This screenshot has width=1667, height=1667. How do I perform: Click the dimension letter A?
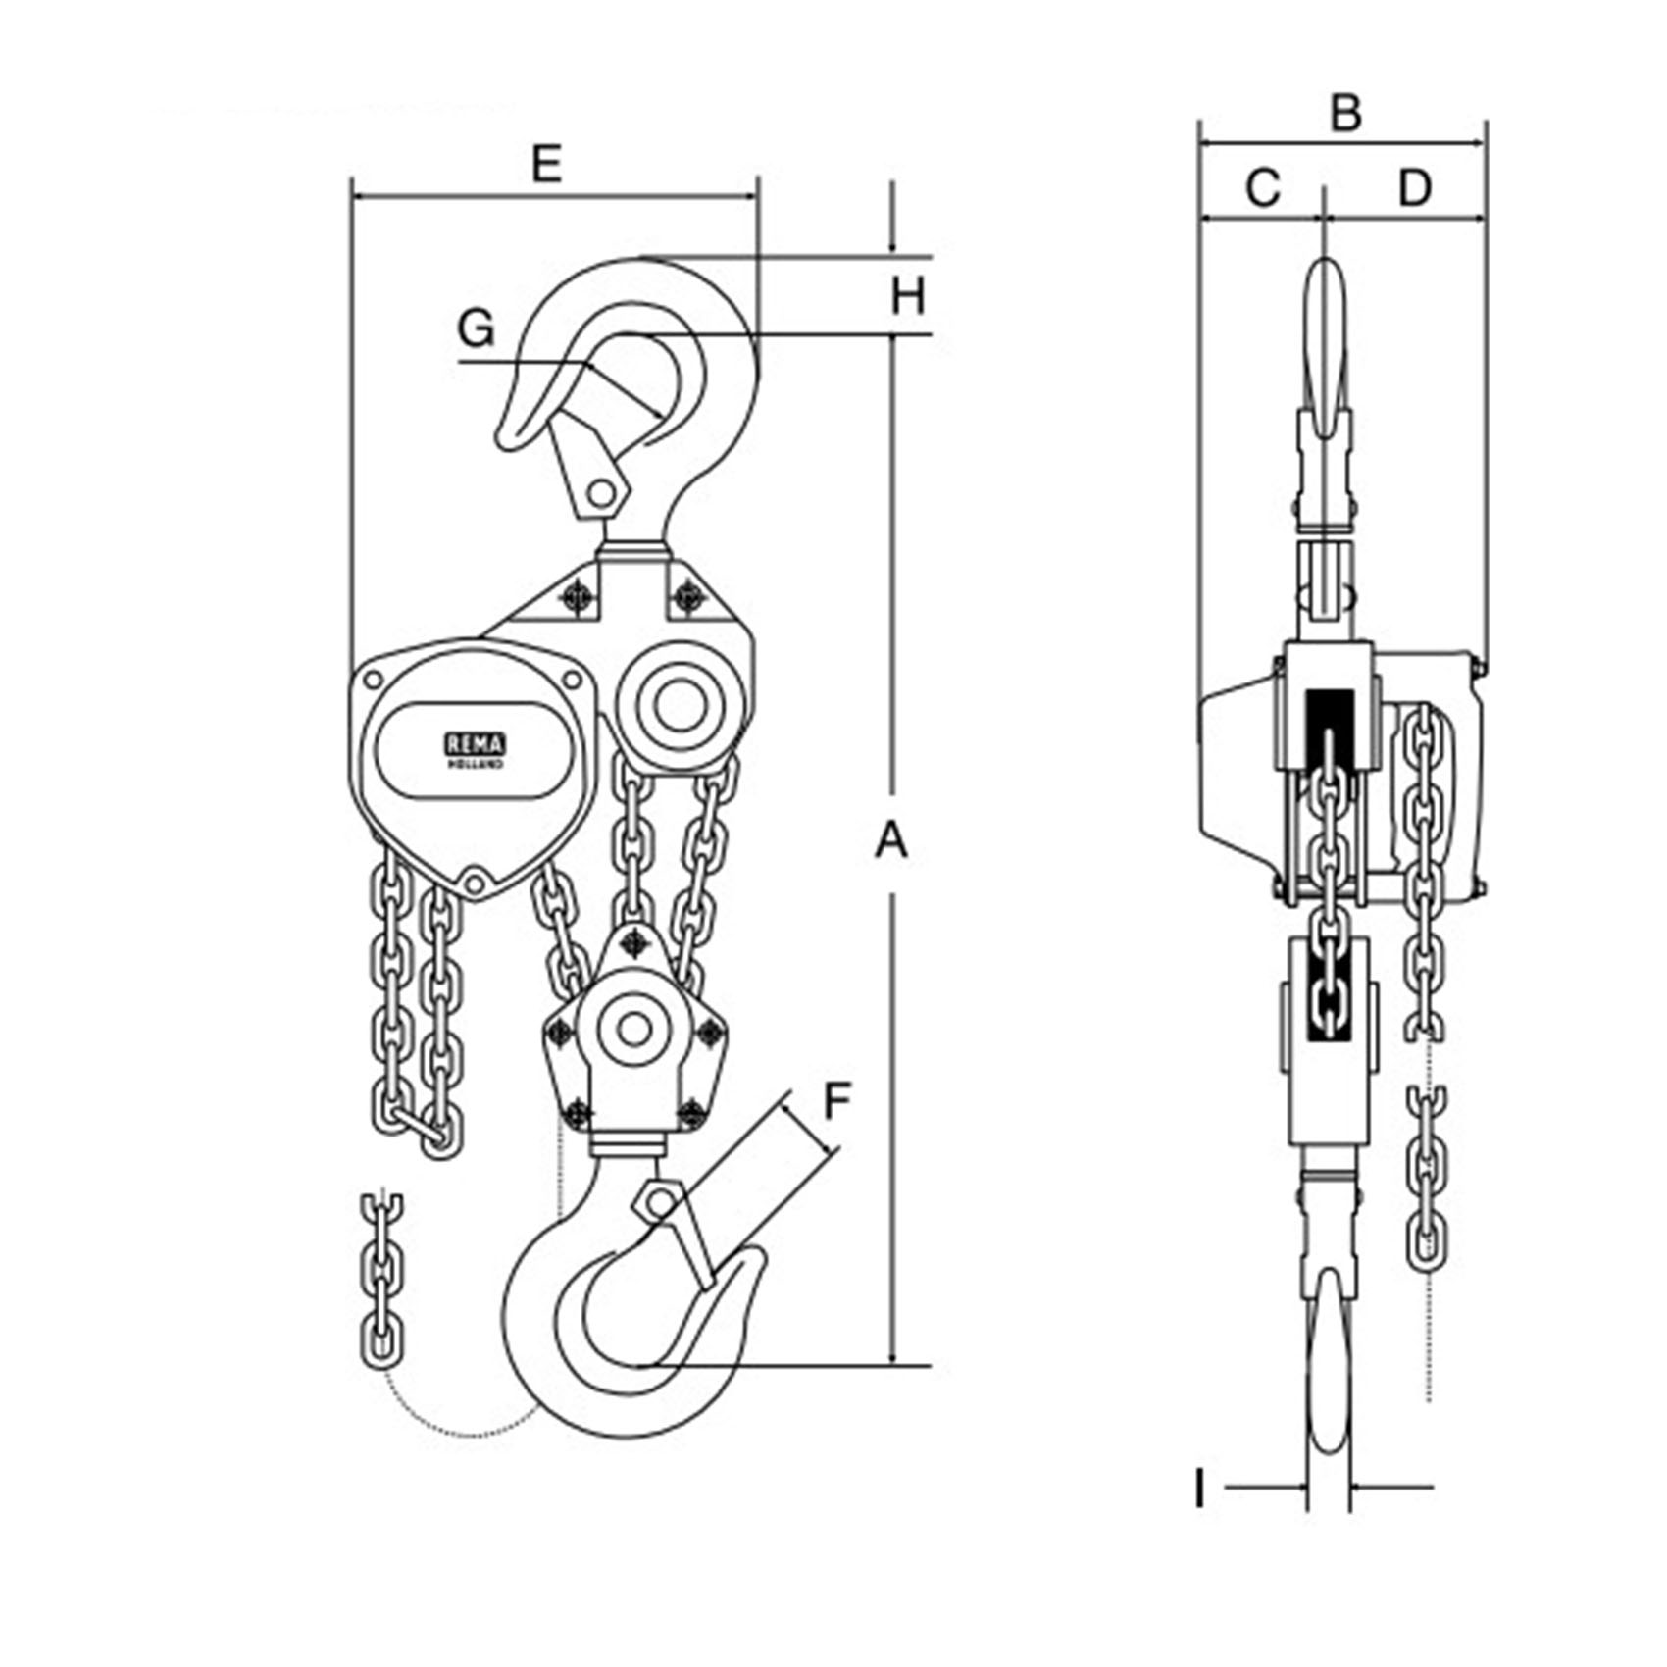(891, 842)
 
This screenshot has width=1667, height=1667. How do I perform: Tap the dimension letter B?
(1346, 113)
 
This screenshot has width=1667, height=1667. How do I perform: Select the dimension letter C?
(1263, 187)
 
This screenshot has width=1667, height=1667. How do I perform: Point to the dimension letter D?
(1414, 187)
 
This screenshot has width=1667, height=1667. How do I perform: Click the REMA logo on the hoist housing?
(475, 750)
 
